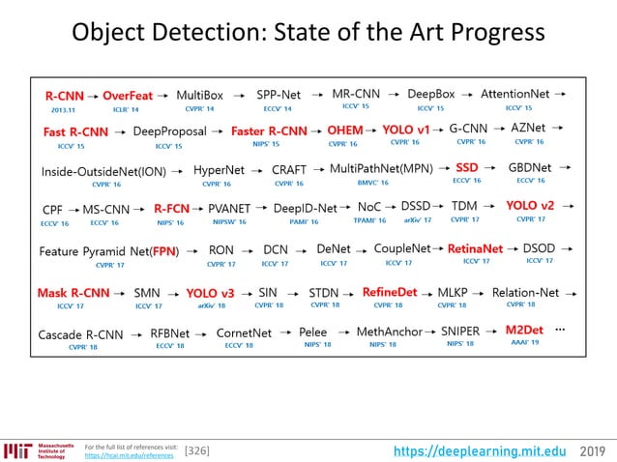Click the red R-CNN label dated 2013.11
tap(63, 96)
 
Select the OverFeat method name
tap(128, 96)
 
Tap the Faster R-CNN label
tap(268, 131)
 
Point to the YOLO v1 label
tap(406, 130)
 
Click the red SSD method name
tap(466, 167)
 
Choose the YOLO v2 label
tap(530, 206)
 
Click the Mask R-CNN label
tap(73, 292)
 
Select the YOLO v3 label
tap(210, 292)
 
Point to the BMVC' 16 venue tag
tap(372, 182)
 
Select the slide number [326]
tap(196, 450)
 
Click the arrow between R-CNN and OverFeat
tap(93, 97)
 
